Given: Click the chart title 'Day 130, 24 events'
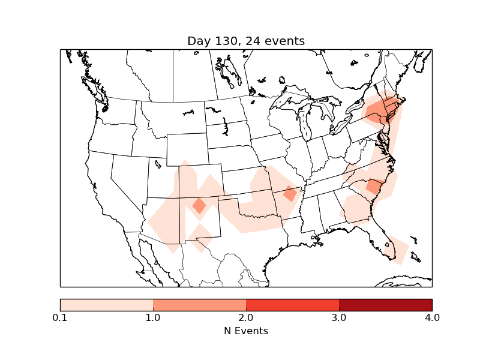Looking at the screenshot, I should click(x=246, y=41).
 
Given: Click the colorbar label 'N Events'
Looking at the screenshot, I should click(x=246, y=331).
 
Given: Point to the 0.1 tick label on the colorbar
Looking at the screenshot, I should click(x=60, y=317).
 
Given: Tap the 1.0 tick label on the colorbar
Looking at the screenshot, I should click(x=153, y=317).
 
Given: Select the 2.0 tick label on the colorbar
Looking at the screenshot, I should click(x=246, y=317).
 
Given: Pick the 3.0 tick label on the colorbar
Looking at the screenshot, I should click(x=339, y=317).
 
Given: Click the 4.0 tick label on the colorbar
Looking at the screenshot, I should click(x=431, y=317).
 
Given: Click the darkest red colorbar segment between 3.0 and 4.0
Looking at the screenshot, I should click(x=385, y=305).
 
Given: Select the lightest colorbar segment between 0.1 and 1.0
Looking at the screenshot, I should click(x=107, y=305).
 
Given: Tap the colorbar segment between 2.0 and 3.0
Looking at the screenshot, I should click(x=292, y=305).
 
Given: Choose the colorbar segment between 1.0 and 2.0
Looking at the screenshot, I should click(x=199, y=305).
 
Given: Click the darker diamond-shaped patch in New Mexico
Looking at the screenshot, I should click(x=199, y=206).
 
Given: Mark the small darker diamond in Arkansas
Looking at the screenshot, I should click(x=290, y=193).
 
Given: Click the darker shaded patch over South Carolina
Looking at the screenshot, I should click(x=375, y=186).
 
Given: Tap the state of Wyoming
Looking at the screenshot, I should click(x=187, y=149).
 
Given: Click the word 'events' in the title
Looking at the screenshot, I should click(x=284, y=41).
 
